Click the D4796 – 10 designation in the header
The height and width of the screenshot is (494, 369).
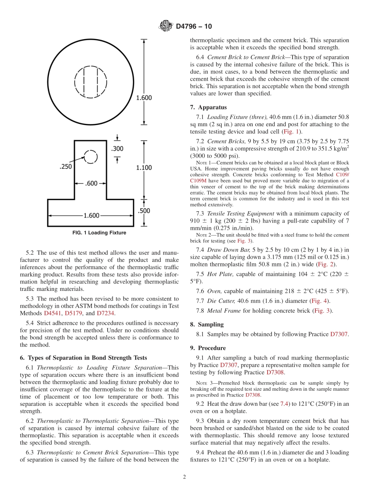pos(194,26)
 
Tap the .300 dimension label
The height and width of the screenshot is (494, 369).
pos(117,148)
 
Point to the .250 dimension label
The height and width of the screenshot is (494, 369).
pos(66,167)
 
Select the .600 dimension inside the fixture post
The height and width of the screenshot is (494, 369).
pos(91,183)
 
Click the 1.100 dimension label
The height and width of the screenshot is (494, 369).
pos(144,167)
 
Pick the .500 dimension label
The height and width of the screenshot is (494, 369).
pos(144,211)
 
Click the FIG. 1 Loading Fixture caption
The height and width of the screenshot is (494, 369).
pos(99,233)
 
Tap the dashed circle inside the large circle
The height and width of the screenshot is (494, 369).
pos(90,82)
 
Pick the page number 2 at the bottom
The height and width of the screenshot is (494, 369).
pos(184,477)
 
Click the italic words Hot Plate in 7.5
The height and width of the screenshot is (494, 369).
pos(220,274)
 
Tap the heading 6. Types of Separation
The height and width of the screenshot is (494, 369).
pos(83,358)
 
